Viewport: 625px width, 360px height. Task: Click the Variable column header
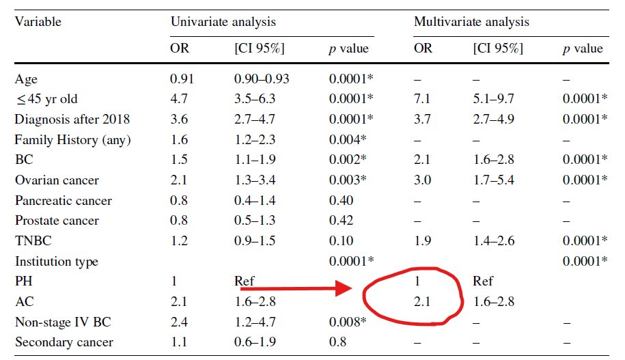click(x=38, y=22)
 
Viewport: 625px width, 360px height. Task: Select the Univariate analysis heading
click(x=223, y=22)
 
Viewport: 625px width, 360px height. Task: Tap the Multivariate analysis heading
click(x=471, y=22)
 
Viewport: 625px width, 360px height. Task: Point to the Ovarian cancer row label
click(x=57, y=180)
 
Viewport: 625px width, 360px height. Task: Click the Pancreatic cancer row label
click(x=64, y=200)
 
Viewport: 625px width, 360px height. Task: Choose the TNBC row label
click(x=33, y=241)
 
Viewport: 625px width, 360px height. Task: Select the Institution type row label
click(x=57, y=262)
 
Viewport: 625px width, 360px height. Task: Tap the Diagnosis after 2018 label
click(x=72, y=119)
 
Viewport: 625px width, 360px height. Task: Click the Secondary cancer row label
click(x=64, y=342)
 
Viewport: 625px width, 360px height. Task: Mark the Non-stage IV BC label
click(x=63, y=322)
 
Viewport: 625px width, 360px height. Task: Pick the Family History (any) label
click(x=72, y=140)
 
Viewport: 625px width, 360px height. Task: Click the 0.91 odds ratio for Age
click(x=182, y=79)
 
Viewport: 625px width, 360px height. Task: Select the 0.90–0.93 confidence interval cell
click(x=262, y=79)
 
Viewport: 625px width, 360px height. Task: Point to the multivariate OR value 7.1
click(x=422, y=98)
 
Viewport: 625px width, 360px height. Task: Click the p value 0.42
click(x=342, y=221)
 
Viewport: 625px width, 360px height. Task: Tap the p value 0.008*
click(x=348, y=322)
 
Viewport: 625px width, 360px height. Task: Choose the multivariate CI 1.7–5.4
click(x=493, y=180)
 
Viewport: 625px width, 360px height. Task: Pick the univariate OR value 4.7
click(x=178, y=98)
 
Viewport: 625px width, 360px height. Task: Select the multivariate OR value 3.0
click(x=423, y=180)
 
